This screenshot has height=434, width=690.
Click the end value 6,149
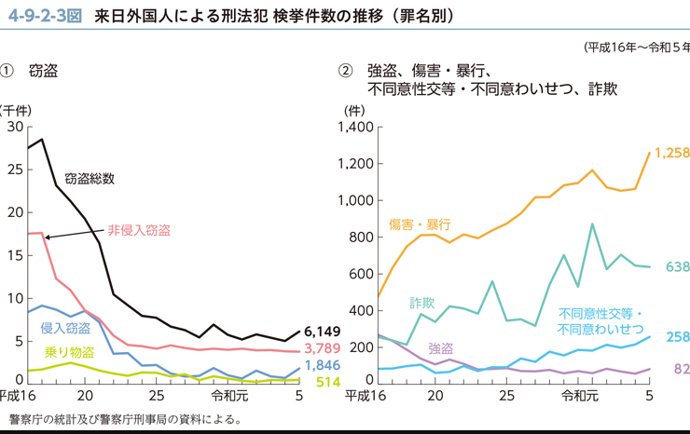[323, 332]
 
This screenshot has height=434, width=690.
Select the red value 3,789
[323, 349]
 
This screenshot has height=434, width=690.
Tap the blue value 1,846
[323, 365]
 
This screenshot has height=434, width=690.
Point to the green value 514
[327, 382]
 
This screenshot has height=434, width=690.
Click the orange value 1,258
[671, 153]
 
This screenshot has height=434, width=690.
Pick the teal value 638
[677, 268]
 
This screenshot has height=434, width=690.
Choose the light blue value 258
[677, 336]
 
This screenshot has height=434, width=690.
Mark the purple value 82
[681, 370]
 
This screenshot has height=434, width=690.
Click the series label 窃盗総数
[90, 179]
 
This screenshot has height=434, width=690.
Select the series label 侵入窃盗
[65, 328]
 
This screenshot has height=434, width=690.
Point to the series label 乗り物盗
[69, 351]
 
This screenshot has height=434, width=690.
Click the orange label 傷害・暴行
[420, 224]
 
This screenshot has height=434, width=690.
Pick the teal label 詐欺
[422, 303]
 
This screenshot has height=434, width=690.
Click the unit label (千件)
[11, 109]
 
